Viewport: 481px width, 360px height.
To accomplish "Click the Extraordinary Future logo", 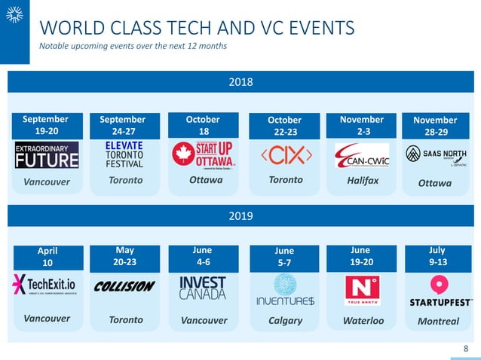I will [47, 155].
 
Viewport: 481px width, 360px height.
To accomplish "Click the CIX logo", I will [286, 156].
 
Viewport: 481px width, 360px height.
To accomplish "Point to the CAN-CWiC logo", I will [362, 156].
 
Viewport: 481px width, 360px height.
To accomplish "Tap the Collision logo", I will [124, 286].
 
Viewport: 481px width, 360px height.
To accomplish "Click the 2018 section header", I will [240, 82].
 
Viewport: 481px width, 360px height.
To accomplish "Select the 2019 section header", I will [240, 215].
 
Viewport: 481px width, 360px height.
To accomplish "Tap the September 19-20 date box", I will [46, 125].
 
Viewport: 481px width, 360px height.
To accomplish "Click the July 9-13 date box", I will [437, 255].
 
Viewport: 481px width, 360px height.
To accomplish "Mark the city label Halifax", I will [363, 181].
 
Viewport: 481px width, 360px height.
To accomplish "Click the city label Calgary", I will [286, 320].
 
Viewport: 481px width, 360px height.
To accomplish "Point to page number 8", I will [465, 348].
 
